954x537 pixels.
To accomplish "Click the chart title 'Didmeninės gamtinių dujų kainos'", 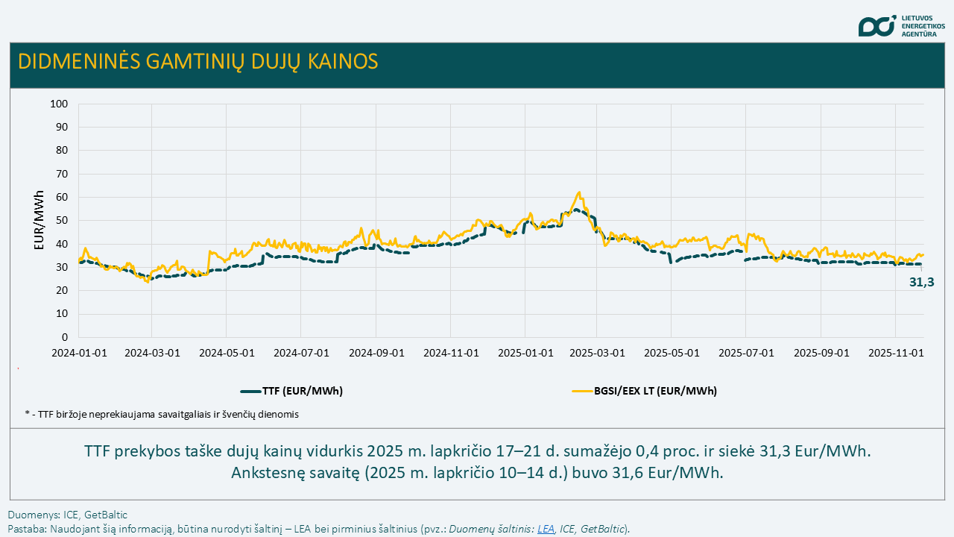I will pyautogui.click(x=198, y=61).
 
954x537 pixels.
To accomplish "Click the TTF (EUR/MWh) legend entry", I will pyautogui.click(x=291, y=390).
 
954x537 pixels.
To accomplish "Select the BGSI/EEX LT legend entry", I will pyautogui.click(x=644, y=390).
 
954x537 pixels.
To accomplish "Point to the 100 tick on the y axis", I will pyautogui.click(x=59, y=104).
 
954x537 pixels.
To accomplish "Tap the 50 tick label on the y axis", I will pyautogui.click(x=62, y=221).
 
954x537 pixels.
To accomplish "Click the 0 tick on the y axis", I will pyautogui.click(x=65, y=338).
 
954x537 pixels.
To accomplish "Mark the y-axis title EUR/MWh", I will pyautogui.click(x=40, y=220).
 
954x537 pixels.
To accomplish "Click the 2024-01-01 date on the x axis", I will pyautogui.click(x=79, y=353).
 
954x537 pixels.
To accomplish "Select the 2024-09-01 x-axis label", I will pyautogui.click(x=376, y=353).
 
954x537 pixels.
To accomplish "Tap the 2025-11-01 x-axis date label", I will pyautogui.click(x=897, y=353).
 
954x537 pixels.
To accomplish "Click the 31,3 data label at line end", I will pyautogui.click(x=921, y=283).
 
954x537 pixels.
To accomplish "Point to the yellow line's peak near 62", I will pyautogui.click(x=579, y=192).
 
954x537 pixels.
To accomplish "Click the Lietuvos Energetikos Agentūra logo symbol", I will pyautogui.click(x=876, y=26).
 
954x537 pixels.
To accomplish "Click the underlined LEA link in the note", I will pyautogui.click(x=546, y=529).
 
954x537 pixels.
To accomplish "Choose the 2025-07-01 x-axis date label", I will pyautogui.click(x=745, y=353).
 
